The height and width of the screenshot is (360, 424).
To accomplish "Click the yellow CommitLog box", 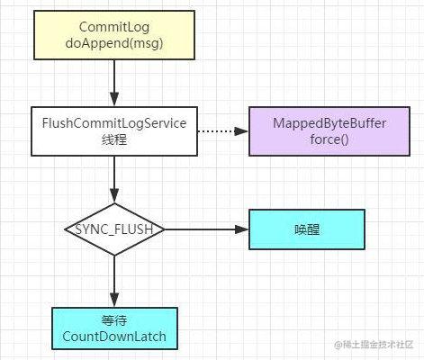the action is [x=114, y=35].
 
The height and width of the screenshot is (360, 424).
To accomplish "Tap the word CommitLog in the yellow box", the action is [x=114, y=27].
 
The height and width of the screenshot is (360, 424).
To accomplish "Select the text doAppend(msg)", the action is [x=114, y=43].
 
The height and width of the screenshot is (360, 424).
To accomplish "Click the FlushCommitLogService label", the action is [x=114, y=123].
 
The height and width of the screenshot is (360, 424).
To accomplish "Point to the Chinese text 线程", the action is [x=114, y=139].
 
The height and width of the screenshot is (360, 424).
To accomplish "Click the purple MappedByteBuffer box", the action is [x=329, y=131].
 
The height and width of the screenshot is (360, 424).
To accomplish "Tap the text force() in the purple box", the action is [x=329, y=139].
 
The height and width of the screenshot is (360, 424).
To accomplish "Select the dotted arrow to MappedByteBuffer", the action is [x=222, y=131].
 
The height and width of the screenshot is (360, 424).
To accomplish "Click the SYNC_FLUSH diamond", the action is [x=114, y=229].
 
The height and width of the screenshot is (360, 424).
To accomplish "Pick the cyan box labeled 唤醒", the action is [x=307, y=229].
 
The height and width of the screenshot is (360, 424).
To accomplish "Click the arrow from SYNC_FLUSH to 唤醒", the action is [x=206, y=229].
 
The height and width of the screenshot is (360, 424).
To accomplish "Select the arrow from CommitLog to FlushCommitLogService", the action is [x=114, y=83].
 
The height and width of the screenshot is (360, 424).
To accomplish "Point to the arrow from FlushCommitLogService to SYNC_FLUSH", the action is [x=114, y=179].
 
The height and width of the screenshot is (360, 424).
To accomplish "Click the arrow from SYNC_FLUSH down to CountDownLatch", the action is [x=114, y=282].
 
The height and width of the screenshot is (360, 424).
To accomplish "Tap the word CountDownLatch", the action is [x=114, y=337].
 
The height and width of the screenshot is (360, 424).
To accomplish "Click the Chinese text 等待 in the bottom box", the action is [x=114, y=320].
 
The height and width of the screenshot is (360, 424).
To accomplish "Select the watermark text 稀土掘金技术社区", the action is [x=378, y=345].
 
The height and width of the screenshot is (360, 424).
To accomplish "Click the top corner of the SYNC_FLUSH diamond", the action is [x=114, y=203].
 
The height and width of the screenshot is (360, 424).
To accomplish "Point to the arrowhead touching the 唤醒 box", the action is [x=242, y=229].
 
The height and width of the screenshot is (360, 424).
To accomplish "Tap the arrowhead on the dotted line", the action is [x=241, y=131].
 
